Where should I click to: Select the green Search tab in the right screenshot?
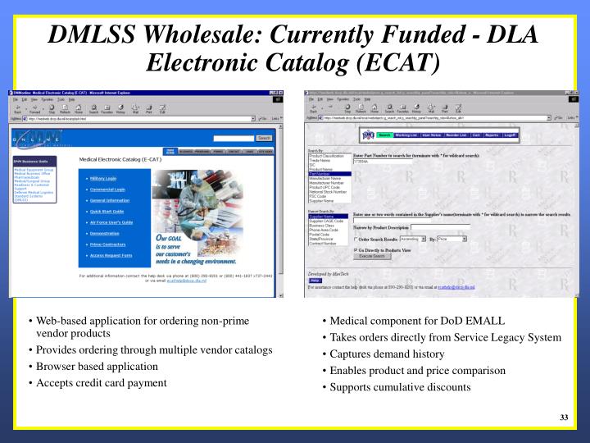[x=384, y=134]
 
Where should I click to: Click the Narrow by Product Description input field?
[x=433, y=227]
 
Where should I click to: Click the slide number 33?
[x=564, y=418]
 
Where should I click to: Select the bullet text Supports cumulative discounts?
[x=401, y=386]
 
